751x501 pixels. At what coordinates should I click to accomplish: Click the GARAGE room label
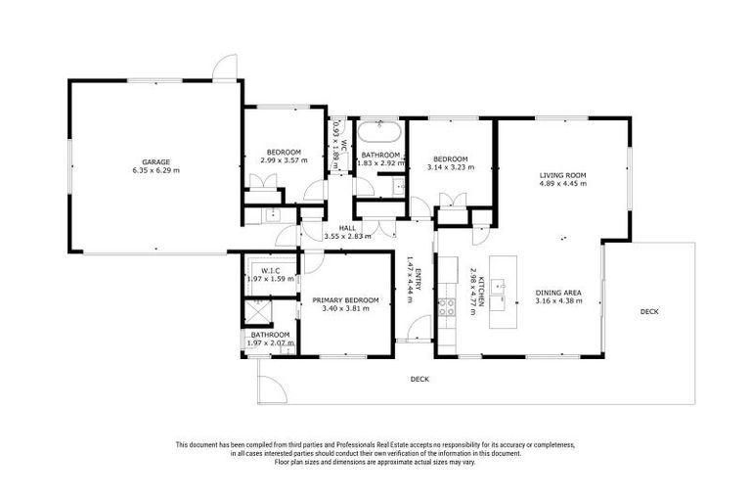click(x=155, y=161)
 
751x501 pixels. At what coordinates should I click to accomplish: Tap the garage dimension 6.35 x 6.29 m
click(x=155, y=170)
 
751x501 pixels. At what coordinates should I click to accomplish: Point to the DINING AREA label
click(x=559, y=293)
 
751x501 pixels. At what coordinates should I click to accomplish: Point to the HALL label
click(x=320, y=227)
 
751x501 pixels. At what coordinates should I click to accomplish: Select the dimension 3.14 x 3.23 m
click(x=451, y=167)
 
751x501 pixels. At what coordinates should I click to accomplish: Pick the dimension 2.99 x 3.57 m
click(x=284, y=161)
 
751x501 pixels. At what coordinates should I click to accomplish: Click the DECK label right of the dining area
click(x=648, y=312)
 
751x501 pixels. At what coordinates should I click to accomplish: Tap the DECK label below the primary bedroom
click(x=420, y=379)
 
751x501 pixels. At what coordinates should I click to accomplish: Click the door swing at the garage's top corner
click(x=224, y=67)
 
